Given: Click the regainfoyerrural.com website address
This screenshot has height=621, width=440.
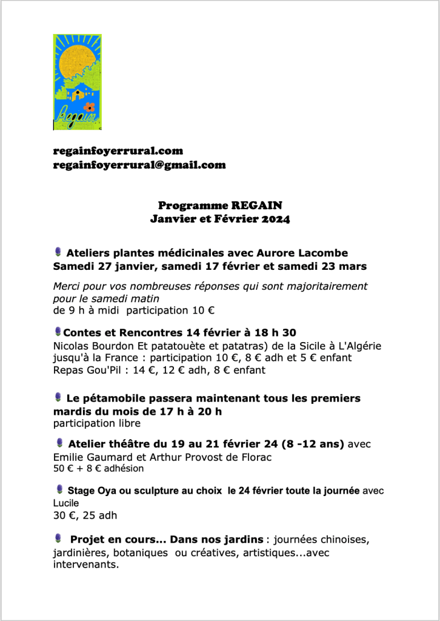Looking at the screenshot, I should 118,150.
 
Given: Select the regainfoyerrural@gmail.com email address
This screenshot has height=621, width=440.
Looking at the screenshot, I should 139,164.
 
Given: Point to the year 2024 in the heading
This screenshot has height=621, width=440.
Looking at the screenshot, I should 276,219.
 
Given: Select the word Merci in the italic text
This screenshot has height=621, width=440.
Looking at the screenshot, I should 67,286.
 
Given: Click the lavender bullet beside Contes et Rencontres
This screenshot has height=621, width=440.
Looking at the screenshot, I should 58,331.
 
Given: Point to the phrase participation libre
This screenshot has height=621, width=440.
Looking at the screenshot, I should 96,423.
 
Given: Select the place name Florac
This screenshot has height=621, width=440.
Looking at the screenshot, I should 257,456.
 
